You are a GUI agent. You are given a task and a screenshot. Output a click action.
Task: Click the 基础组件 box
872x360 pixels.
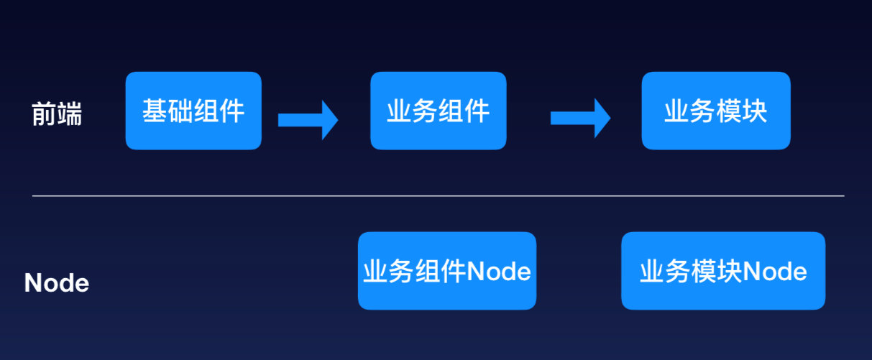193,111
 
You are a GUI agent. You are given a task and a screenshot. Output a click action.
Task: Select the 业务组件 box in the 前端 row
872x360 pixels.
438,111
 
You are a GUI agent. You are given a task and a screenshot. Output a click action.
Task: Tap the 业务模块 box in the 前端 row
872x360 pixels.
715,111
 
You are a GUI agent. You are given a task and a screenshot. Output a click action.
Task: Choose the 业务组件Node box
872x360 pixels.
446,271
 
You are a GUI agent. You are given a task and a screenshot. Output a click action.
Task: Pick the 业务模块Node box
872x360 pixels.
722,271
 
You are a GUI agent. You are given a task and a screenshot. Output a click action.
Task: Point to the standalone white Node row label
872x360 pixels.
57,283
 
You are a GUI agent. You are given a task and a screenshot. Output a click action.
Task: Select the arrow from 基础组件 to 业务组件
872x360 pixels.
307,119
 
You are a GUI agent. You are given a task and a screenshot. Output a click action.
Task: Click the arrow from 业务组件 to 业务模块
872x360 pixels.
579,119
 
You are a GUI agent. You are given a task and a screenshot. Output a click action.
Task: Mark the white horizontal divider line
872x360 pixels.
438,195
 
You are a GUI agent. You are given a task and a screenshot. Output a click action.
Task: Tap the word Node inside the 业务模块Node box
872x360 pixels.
775,272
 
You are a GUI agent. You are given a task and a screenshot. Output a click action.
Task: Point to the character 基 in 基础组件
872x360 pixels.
155,111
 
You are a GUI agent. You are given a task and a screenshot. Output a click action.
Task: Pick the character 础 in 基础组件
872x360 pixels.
180,111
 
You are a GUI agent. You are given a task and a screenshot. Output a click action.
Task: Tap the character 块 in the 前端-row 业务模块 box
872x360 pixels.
755,111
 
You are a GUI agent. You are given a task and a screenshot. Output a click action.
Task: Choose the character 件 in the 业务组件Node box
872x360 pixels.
454,272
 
